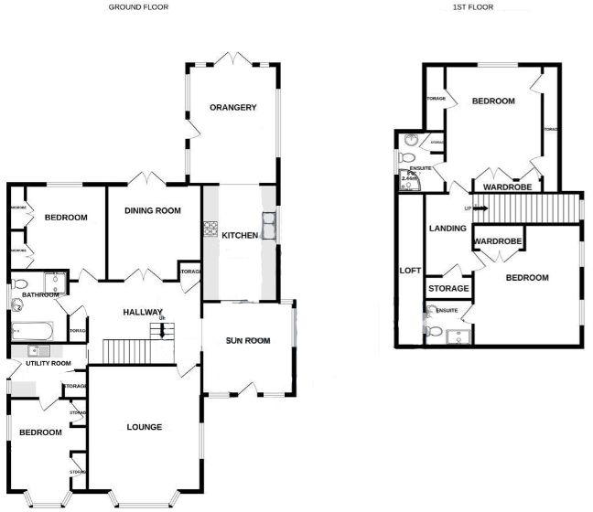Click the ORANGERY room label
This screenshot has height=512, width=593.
pos(232,108)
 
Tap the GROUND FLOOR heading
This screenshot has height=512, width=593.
pos(138,7)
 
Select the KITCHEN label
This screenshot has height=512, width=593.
pos(240,236)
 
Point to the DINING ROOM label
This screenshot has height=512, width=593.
pos(153,210)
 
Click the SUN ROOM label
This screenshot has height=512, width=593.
pos(249,341)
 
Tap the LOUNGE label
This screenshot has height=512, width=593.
pos(145,427)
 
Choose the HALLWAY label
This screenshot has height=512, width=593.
pos(143,313)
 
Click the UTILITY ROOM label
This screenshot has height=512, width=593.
pos(49,363)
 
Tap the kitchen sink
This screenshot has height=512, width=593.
pos(270,224)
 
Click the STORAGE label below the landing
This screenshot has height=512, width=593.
pos(448,289)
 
